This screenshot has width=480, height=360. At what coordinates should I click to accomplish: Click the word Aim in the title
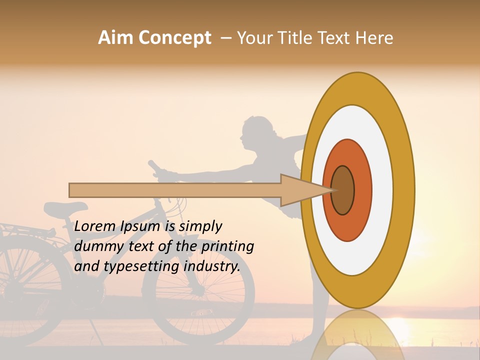click(115, 38)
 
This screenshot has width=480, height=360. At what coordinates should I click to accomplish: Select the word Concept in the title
click(175, 38)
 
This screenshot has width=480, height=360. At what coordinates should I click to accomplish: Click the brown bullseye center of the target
click(343, 190)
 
